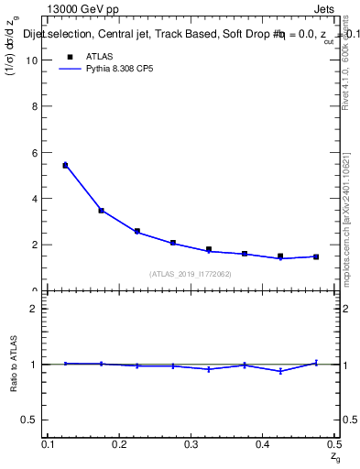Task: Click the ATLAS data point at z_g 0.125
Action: click(x=65, y=165)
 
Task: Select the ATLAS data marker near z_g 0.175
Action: click(x=101, y=211)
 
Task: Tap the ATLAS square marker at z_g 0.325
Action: click(x=209, y=249)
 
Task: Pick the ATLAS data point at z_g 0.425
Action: click(x=280, y=256)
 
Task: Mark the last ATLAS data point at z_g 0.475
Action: click(x=316, y=256)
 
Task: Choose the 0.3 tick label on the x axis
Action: click(x=191, y=444)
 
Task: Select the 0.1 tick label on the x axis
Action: click(x=49, y=444)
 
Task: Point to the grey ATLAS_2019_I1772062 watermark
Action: click(x=189, y=273)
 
